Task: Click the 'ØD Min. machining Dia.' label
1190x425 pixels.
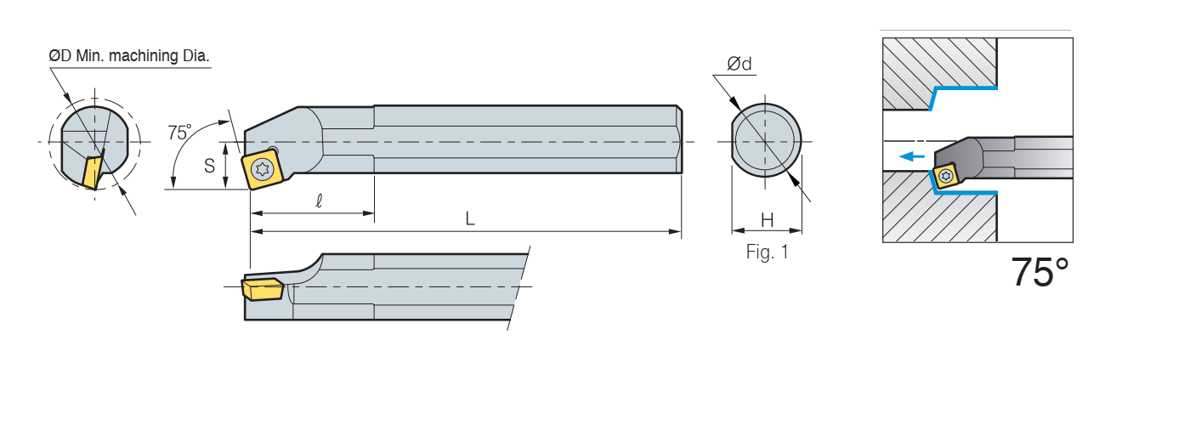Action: [129, 56]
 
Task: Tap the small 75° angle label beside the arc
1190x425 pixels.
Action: [179, 133]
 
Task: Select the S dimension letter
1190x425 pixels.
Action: [209, 167]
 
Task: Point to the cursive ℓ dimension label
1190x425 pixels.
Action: [319, 201]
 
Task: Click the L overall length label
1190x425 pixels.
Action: [469, 218]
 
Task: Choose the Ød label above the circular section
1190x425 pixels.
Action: [739, 64]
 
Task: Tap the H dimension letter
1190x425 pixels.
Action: [767, 220]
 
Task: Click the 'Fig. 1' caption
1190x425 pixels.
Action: [767, 252]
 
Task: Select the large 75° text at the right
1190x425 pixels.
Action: [1040, 273]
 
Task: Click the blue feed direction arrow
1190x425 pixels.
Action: [911, 156]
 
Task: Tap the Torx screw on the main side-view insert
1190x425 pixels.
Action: [263, 169]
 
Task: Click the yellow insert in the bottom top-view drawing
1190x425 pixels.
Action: [263, 289]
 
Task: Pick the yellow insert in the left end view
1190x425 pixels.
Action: [93, 171]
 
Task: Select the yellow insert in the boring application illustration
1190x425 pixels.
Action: [945, 176]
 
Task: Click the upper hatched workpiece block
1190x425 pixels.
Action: [939, 74]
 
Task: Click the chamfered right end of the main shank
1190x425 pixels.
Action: [679, 139]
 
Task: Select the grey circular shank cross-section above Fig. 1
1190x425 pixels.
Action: [766, 141]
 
